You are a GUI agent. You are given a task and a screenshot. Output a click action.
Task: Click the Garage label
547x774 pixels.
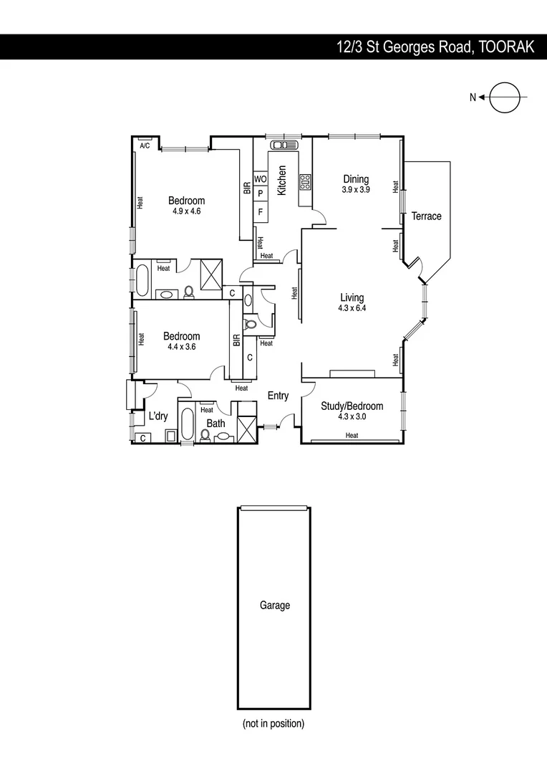pos(275,606)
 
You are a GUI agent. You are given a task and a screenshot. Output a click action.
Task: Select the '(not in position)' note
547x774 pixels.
pos(273,723)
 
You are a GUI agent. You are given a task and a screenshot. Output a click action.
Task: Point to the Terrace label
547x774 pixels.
pos(426,216)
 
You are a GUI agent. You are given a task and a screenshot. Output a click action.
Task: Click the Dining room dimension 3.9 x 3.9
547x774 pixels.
pos(355,190)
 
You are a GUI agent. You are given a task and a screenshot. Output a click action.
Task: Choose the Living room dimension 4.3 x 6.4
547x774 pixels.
pos(352,309)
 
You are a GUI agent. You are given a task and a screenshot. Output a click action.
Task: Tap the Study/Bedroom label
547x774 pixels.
pos(352,406)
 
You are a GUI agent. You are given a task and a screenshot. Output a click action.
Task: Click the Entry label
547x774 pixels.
pos(278,396)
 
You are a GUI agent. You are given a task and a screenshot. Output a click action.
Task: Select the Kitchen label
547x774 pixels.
pos(282,181)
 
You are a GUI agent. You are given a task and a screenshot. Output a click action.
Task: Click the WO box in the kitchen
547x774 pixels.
pos(261,178)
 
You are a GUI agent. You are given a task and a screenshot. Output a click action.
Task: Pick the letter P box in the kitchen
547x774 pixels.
pos(261,193)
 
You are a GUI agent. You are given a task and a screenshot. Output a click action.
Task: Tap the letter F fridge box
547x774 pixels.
pos(261,212)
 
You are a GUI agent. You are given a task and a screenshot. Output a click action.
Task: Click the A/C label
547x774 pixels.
pos(145,145)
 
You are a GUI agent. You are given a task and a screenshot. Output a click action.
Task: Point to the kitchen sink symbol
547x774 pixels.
pos(279,145)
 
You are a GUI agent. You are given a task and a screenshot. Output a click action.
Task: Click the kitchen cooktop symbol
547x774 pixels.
pos(305,181)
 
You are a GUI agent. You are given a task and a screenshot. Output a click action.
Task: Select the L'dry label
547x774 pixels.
pos(158,416)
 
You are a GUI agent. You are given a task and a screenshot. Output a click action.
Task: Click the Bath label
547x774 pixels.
pos(216,424)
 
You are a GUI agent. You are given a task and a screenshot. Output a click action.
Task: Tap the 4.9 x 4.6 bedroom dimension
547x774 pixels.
pos(186,211)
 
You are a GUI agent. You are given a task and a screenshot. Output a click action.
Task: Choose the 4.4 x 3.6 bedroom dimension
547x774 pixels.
pos(182,347)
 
